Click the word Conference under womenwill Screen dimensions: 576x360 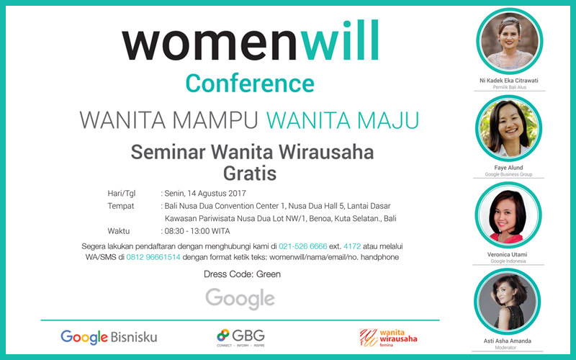(x=250, y=84)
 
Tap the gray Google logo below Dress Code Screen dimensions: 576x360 (x=240, y=299)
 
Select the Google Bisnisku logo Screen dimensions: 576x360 (x=109, y=337)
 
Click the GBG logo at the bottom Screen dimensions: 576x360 (x=240, y=338)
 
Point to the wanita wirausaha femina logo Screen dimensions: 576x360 (x=388, y=338)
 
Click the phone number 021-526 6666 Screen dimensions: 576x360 (x=302, y=246)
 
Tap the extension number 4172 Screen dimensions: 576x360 (x=352, y=246)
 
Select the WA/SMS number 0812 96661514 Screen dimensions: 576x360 (x=153, y=257)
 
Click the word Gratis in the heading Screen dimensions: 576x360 (x=250, y=174)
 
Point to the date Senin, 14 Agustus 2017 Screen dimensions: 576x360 (x=205, y=193)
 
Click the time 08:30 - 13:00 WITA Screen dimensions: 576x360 (x=197, y=231)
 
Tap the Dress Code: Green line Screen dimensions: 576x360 (x=242, y=274)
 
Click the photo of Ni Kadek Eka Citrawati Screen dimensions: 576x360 (x=509, y=41)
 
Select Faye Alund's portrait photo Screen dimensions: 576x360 (x=508, y=128)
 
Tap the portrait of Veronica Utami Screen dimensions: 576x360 (x=508, y=215)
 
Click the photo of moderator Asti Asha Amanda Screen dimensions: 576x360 (x=508, y=302)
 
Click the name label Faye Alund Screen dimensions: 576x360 (x=508, y=168)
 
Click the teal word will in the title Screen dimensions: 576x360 (x=340, y=41)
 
